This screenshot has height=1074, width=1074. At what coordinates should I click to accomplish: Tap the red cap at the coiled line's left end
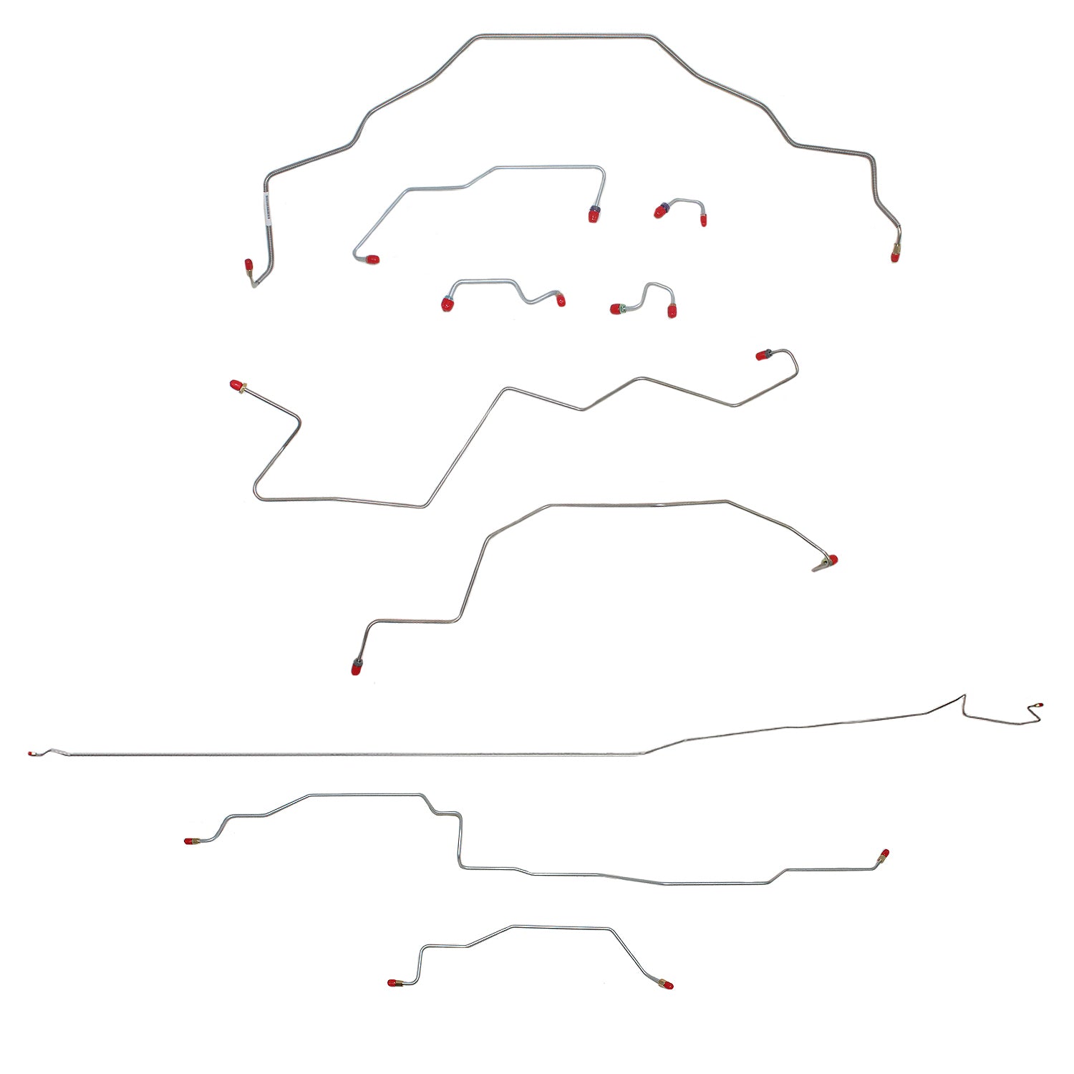coord(248,266)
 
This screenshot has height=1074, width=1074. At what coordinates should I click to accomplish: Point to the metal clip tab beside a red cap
coord(819,567)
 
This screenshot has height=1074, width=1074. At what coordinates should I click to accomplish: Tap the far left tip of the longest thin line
coord(32,754)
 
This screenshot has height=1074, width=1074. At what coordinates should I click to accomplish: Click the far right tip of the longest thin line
coord(1040,705)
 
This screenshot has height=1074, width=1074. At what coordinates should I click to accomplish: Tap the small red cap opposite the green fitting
coord(672,311)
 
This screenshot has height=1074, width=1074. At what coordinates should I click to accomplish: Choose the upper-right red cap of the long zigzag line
coord(761,355)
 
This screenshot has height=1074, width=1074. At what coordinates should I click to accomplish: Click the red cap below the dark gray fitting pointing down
coord(356,669)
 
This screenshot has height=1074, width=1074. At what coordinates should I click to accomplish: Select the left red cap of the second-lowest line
coord(190,841)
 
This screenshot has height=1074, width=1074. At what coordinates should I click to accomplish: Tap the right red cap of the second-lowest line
coord(884,853)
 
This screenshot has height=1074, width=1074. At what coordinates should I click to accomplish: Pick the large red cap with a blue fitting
coord(593,215)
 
